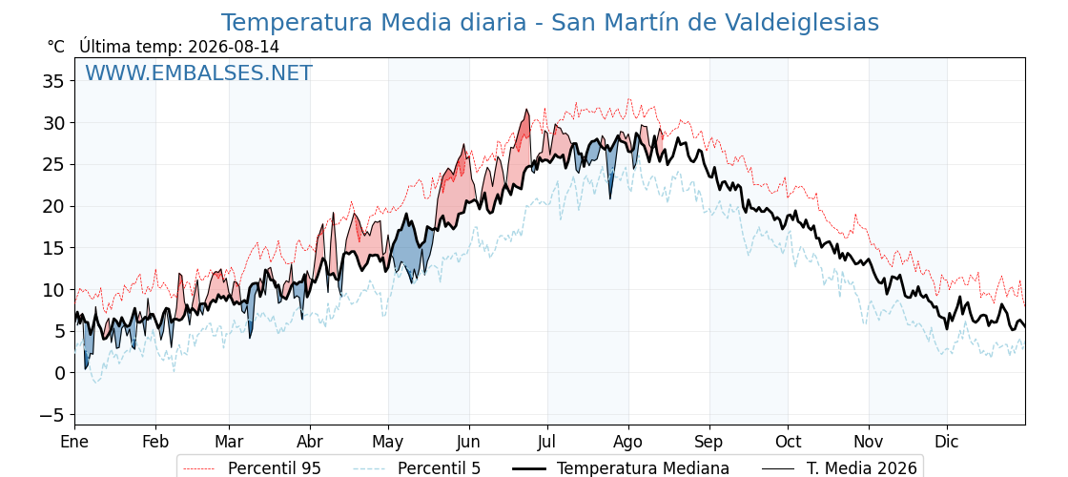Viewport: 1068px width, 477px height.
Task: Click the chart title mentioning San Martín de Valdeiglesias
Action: (549, 23)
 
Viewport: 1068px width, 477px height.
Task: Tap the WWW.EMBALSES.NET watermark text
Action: (198, 73)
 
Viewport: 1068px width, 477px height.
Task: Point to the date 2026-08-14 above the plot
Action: (233, 47)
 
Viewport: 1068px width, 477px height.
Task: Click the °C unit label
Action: (56, 47)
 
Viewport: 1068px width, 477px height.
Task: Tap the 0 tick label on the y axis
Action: (59, 373)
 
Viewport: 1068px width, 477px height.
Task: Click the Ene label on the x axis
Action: (74, 443)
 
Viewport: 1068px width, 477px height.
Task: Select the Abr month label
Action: (310, 443)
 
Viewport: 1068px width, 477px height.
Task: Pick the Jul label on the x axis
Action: (547, 443)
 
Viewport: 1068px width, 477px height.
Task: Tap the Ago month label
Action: (628, 443)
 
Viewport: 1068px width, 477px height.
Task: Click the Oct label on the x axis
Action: (788, 443)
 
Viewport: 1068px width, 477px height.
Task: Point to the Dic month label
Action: (947, 443)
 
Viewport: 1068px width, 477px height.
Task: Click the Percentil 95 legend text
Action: (275, 468)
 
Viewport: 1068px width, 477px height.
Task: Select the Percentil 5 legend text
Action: (440, 468)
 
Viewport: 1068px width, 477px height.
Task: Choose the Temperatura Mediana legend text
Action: (643, 468)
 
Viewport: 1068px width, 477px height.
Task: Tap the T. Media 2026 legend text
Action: (862, 468)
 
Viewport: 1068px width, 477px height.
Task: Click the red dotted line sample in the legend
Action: (199, 468)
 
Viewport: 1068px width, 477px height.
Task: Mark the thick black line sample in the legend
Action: (528, 468)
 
